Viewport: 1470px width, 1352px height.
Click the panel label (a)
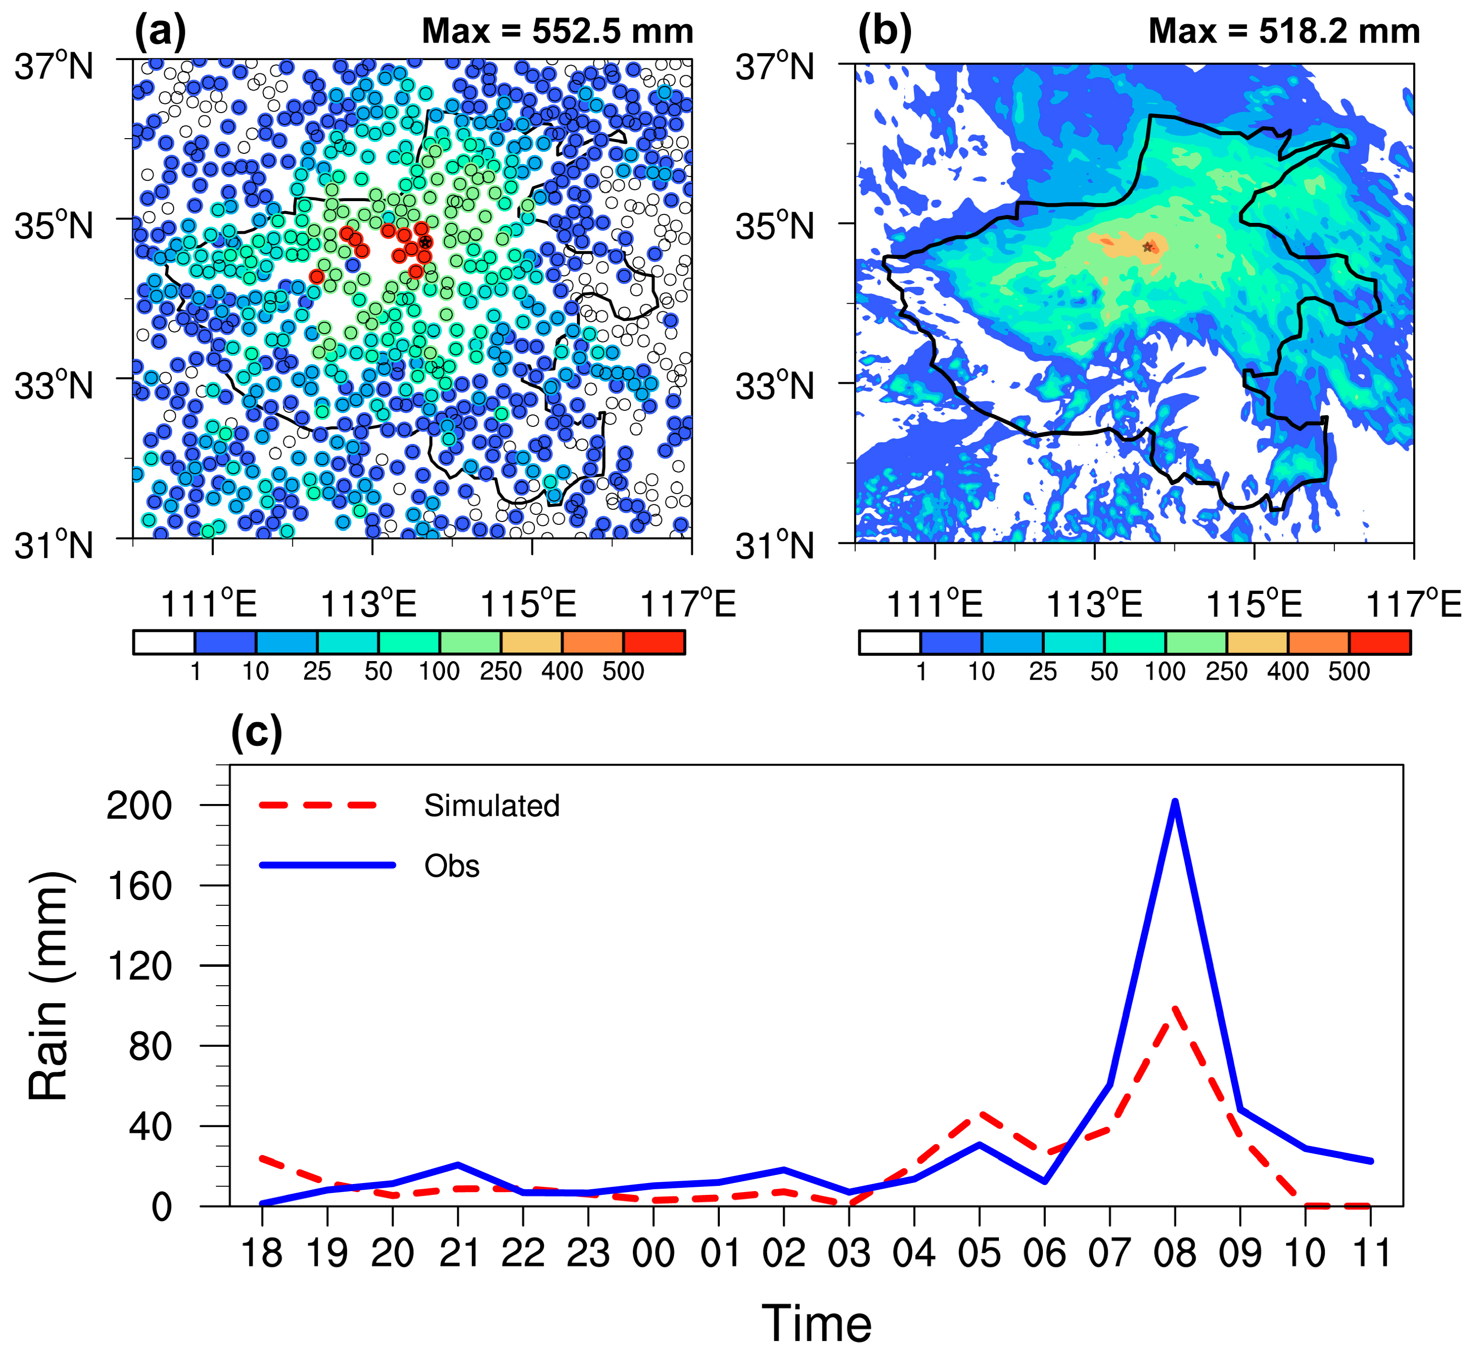pyautogui.click(x=160, y=31)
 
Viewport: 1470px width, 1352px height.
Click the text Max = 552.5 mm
pyautogui.click(x=557, y=31)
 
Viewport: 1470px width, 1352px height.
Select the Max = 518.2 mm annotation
pyautogui.click(x=1284, y=31)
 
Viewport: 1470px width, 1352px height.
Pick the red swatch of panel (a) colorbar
pyautogui.click(x=654, y=642)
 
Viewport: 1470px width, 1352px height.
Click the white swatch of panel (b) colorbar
pyautogui.click(x=889, y=642)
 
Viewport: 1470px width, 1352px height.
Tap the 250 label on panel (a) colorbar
pyautogui.click(x=500, y=671)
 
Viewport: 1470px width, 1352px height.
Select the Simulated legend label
pyautogui.click(x=491, y=805)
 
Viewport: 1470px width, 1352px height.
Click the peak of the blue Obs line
pyautogui.click(x=1174, y=802)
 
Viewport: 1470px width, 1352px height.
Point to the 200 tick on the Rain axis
pyautogui.click(x=139, y=805)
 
